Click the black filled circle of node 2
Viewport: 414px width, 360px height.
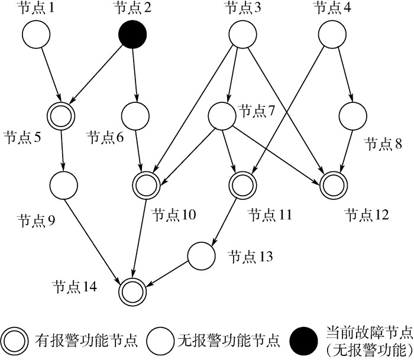(132, 35)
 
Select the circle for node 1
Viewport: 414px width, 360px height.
(36, 35)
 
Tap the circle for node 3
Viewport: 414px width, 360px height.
(242, 35)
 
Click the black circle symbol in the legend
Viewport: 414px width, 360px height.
(303, 340)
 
